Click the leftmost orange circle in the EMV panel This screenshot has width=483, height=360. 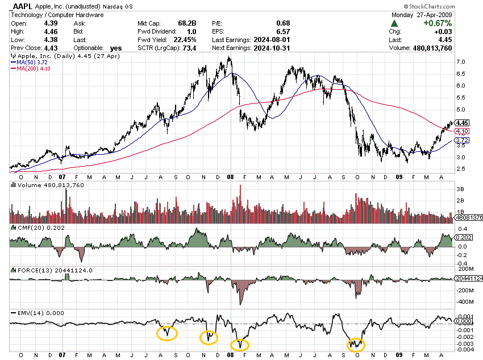166,333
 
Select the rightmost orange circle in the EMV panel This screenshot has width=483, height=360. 356,344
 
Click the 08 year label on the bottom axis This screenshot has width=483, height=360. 231,354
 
